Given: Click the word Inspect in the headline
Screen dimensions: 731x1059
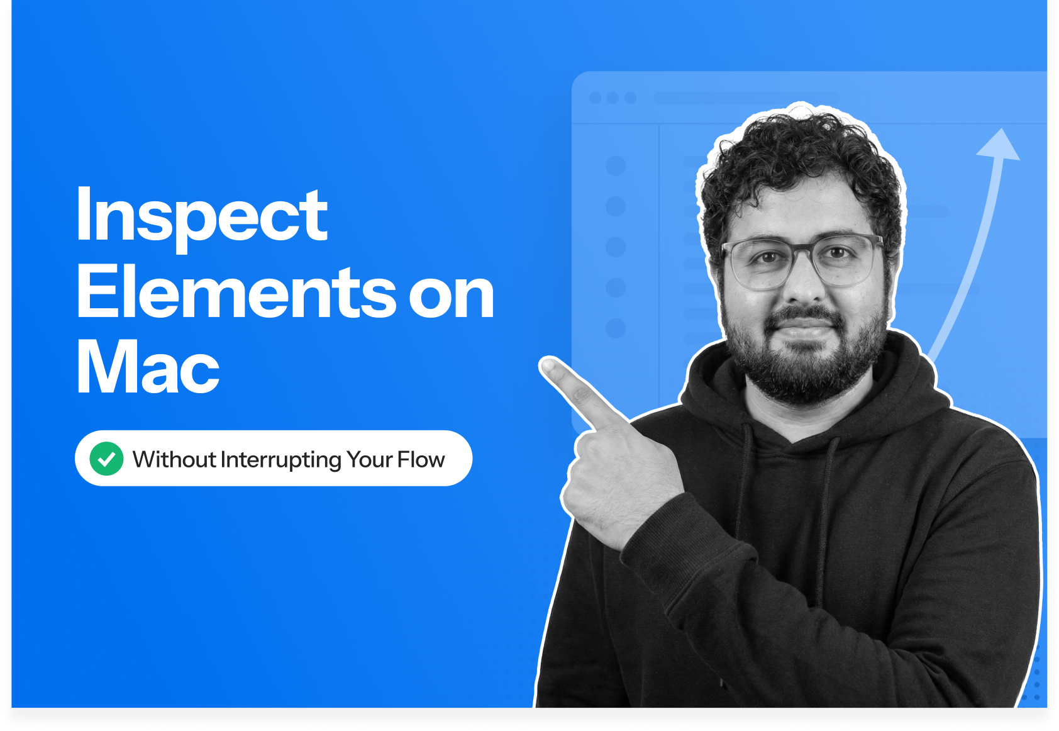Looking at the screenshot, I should coord(201,216).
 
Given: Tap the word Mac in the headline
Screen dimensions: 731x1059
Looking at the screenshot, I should coord(148,367).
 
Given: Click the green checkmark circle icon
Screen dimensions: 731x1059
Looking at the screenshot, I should coord(106,459).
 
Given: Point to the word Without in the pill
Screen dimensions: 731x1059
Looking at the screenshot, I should coord(174,459).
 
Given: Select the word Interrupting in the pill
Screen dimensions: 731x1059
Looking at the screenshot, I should coord(280,460).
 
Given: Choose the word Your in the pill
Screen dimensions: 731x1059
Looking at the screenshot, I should coord(370,459).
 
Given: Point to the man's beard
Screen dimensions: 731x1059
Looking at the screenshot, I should coord(805,365).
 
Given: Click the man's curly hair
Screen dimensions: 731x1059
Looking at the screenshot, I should coord(799,157).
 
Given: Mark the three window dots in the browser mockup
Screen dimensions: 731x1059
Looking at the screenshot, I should coord(613,98).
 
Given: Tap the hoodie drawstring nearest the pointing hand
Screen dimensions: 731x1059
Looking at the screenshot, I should coord(745,478).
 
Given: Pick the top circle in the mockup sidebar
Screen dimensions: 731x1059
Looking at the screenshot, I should coord(616,166).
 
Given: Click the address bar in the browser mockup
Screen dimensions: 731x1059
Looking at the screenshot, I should coord(747,98).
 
